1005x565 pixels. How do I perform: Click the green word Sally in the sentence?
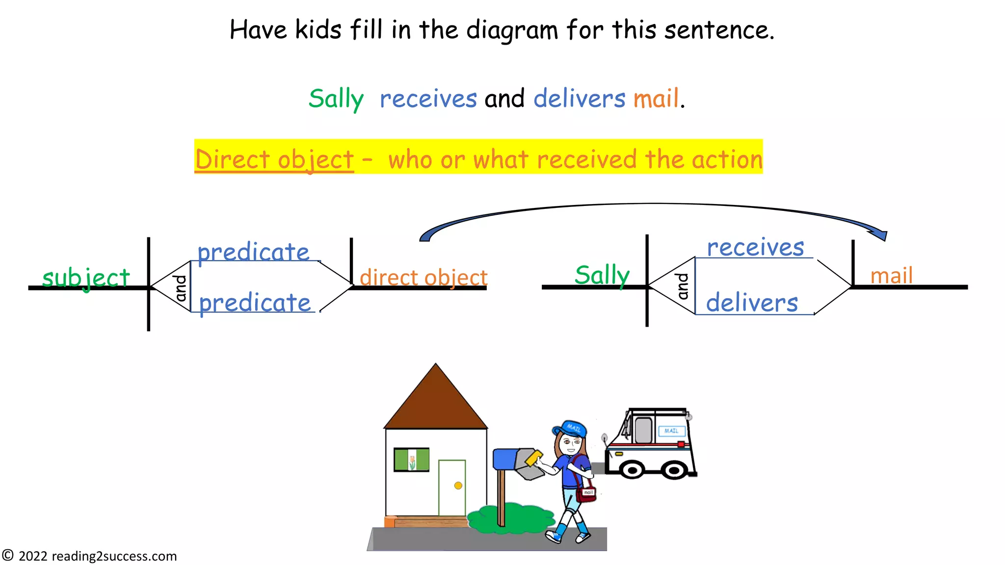336,99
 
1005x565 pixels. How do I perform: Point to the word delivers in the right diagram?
752,302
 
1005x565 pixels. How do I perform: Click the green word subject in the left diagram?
86,278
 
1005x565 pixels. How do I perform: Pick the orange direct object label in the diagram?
423,278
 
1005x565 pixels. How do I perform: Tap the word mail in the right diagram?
891,275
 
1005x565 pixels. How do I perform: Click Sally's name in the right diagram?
602,275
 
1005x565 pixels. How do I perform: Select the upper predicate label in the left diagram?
253,252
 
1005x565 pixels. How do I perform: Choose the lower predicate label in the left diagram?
255,303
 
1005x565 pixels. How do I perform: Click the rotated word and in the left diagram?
181,288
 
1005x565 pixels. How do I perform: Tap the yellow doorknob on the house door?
458,486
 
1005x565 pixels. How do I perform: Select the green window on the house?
411,460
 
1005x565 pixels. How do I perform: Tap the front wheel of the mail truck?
632,470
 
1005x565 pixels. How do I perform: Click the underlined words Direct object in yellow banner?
274,159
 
